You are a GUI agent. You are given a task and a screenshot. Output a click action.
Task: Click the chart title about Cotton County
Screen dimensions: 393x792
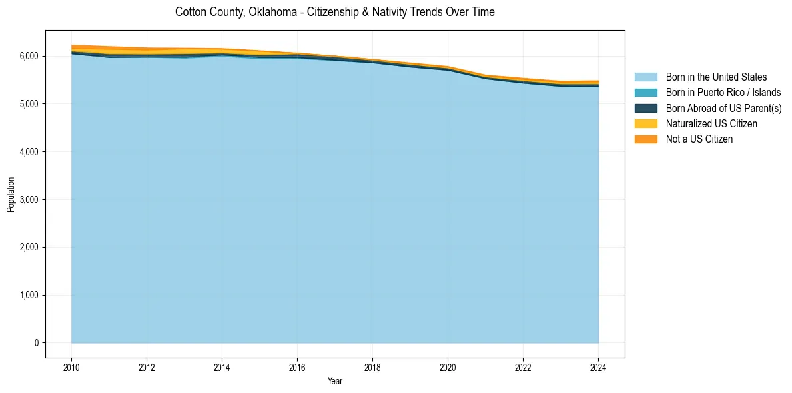(x=334, y=12)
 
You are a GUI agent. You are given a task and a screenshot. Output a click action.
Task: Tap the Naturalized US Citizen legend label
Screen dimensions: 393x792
(x=711, y=124)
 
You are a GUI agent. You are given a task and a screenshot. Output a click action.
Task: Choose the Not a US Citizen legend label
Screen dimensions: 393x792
(x=699, y=139)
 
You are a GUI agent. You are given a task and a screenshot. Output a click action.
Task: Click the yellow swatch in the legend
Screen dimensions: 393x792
(x=645, y=124)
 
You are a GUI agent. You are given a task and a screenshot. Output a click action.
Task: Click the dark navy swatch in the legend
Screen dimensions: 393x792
(x=645, y=108)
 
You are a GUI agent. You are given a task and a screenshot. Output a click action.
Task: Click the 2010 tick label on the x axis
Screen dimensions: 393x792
(x=71, y=367)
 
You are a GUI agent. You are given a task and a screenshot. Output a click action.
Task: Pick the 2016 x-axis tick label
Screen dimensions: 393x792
(x=297, y=367)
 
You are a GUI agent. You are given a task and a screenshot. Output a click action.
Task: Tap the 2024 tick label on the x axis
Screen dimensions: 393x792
(x=598, y=367)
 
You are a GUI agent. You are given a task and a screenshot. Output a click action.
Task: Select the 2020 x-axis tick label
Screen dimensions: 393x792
(x=448, y=367)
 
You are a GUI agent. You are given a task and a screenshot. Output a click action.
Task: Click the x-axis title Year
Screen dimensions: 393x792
(x=335, y=382)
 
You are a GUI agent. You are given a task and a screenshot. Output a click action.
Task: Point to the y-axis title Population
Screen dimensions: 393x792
(x=11, y=195)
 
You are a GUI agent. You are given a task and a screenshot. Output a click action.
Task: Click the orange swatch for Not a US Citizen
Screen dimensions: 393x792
(x=645, y=139)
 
